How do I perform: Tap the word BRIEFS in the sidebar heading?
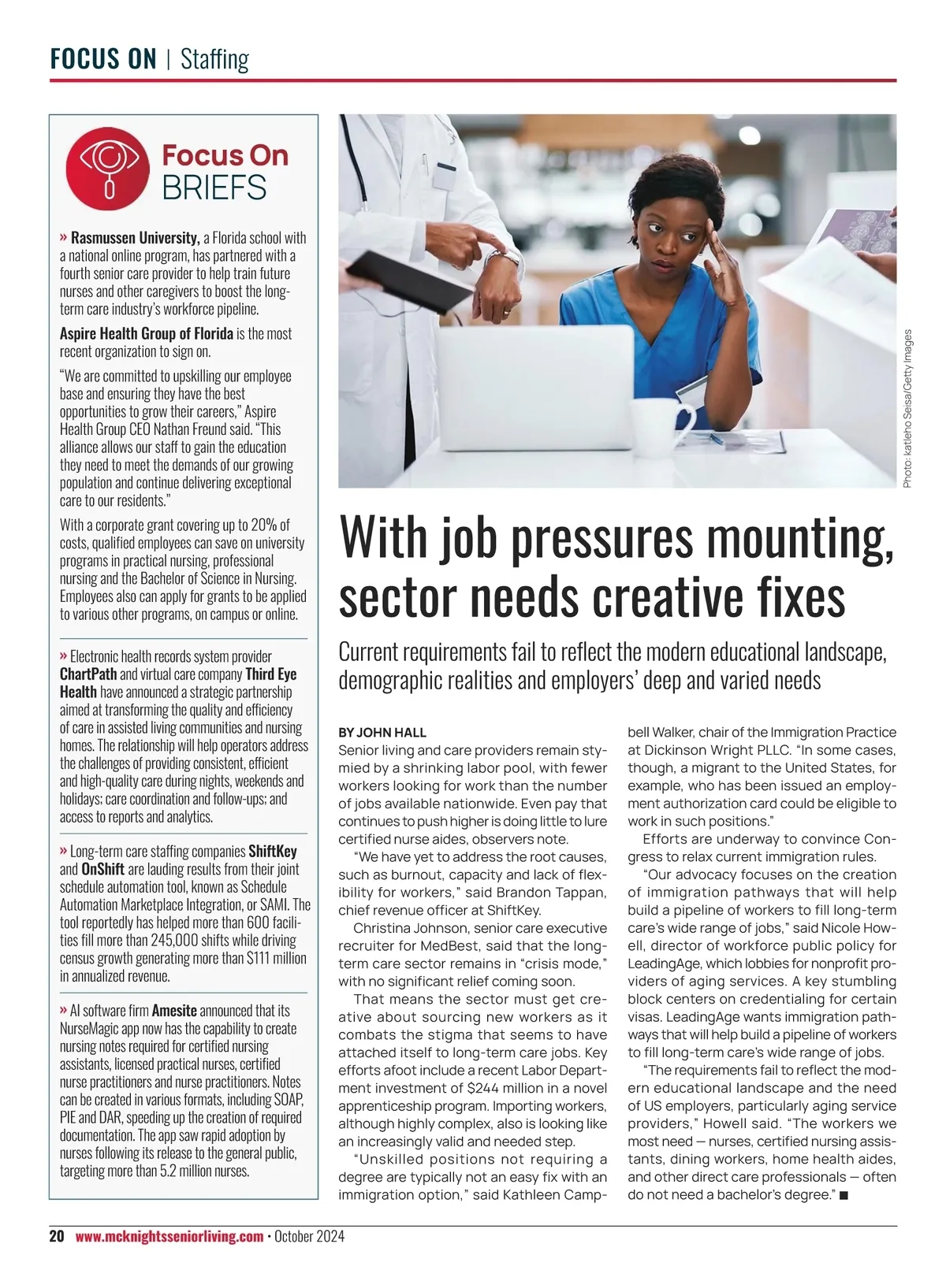point(214,188)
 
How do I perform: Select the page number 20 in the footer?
point(57,1236)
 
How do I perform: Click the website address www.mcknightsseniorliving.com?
point(169,1236)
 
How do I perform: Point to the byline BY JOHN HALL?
point(382,733)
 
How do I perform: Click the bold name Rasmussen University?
point(135,238)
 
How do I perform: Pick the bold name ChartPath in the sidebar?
point(88,674)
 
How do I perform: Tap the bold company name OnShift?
point(102,870)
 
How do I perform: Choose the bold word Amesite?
point(174,1011)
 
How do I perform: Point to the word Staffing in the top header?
point(214,59)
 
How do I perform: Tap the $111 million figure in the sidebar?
point(276,959)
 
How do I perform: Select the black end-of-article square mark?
point(844,1196)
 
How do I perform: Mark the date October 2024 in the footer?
point(310,1236)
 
